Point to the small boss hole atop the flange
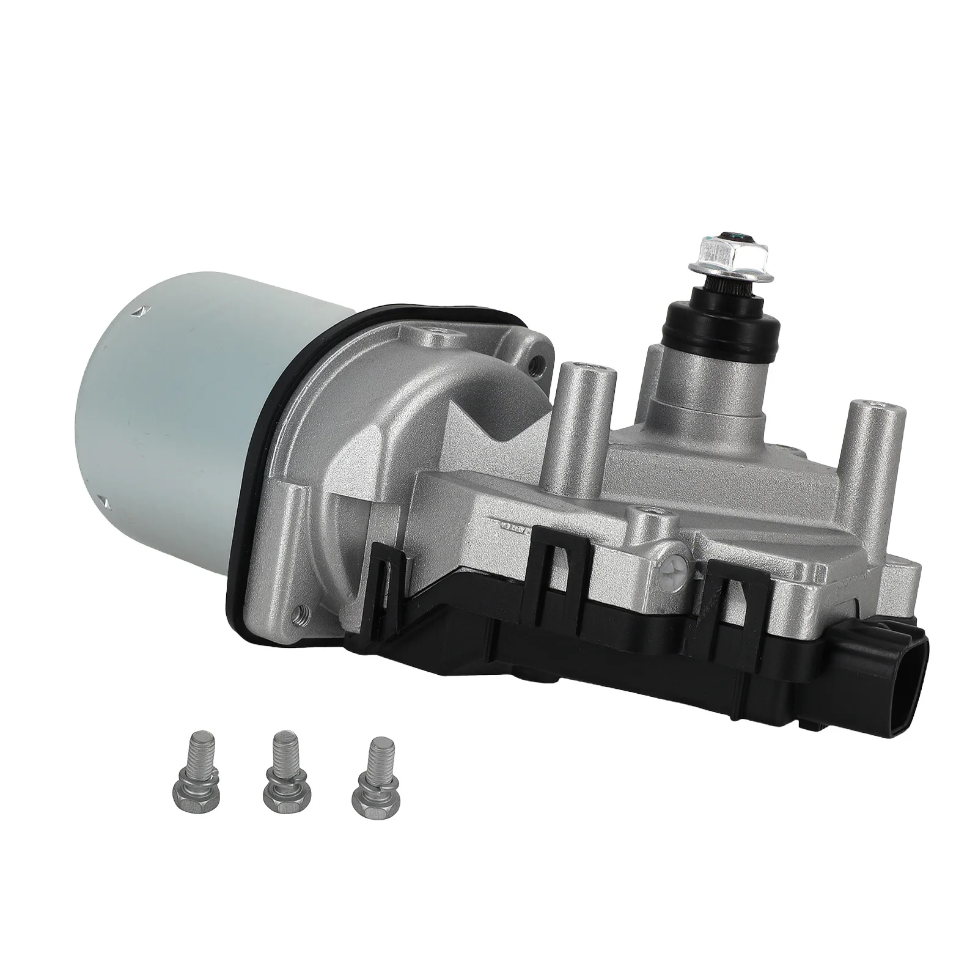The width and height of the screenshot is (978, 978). click(439, 334)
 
